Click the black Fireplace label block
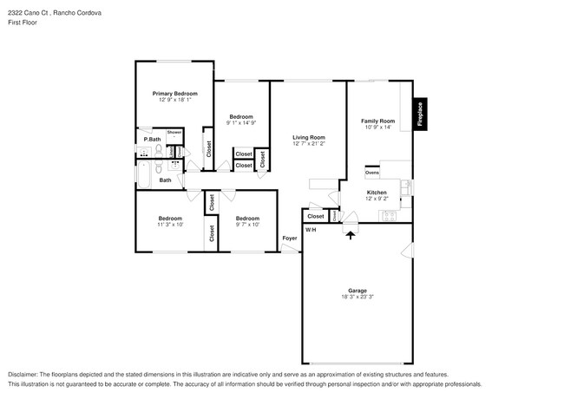click(x=419, y=114)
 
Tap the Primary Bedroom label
click(x=174, y=94)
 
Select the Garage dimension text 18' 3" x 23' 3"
click(x=357, y=298)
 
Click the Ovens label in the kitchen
click(x=372, y=173)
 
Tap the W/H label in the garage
click(x=311, y=230)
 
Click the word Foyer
click(x=289, y=238)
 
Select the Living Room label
click(x=308, y=137)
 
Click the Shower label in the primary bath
click(x=174, y=133)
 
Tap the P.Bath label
click(x=152, y=139)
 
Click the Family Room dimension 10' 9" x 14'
click(x=377, y=128)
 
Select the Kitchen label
click(x=377, y=193)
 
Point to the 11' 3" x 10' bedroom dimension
click(x=169, y=225)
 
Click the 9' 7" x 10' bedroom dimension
click(x=247, y=225)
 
